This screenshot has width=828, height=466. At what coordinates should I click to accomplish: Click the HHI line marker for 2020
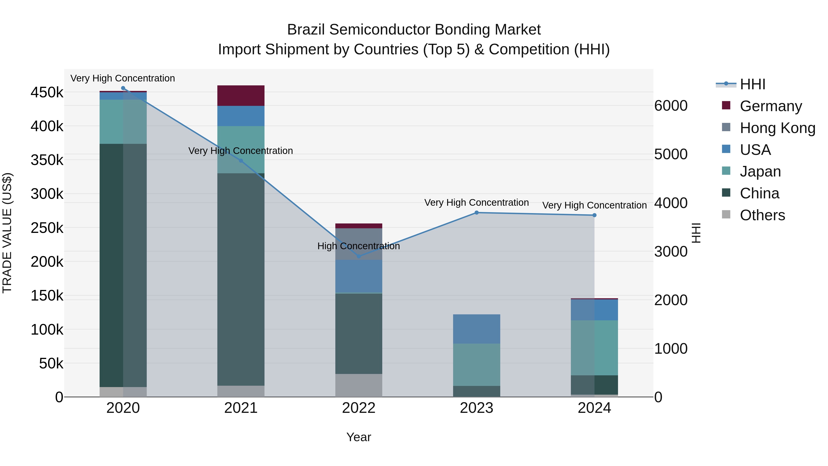pyautogui.click(x=123, y=88)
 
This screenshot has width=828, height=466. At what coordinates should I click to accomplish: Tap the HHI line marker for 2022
pyautogui.click(x=359, y=256)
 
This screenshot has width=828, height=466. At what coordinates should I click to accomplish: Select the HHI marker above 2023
pyautogui.click(x=477, y=213)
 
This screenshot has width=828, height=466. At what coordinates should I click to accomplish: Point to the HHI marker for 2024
pyautogui.click(x=594, y=215)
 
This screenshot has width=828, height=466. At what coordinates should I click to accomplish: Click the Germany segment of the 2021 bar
pyautogui.click(x=241, y=96)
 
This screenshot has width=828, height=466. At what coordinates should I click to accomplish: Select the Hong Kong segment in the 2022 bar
pyautogui.click(x=359, y=244)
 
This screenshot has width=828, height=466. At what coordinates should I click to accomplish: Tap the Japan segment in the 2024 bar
pyautogui.click(x=594, y=348)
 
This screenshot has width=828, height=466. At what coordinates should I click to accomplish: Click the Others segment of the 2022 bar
pyautogui.click(x=359, y=385)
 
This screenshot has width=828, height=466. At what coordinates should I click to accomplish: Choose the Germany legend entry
pyautogui.click(x=770, y=106)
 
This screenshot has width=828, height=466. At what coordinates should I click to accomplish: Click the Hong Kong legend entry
pyautogui.click(x=777, y=128)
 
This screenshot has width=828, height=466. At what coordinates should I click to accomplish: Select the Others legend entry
pyautogui.click(x=762, y=215)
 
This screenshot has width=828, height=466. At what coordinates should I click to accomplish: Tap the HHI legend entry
pyautogui.click(x=752, y=84)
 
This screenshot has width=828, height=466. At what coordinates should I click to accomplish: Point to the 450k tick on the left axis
pyautogui.click(x=47, y=93)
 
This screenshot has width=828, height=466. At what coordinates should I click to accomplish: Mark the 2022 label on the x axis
pyautogui.click(x=359, y=408)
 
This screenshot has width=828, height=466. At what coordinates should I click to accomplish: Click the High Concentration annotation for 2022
pyautogui.click(x=359, y=246)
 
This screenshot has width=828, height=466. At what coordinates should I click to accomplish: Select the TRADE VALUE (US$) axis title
pyautogui.click(x=7, y=233)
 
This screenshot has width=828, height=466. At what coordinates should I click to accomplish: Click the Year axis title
pyautogui.click(x=359, y=437)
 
